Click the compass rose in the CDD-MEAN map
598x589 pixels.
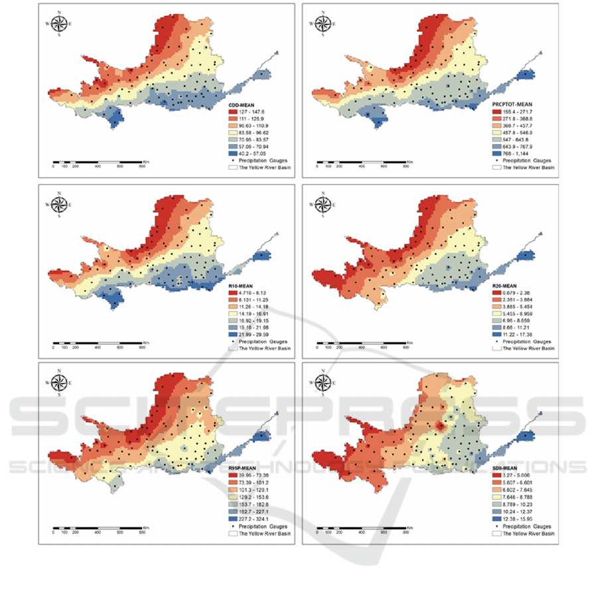[60, 25]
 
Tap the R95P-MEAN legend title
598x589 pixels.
[241, 469]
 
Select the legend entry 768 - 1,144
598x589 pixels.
[514, 153]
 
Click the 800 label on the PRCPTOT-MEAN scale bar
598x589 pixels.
[405, 166]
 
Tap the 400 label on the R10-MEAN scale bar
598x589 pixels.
[98, 347]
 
